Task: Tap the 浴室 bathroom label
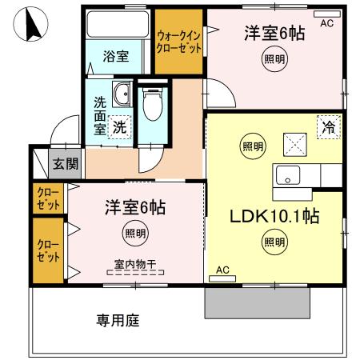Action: (x=115, y=57)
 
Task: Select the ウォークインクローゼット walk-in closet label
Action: (x=179, y=42)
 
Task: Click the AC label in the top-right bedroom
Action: (x=326, y=24)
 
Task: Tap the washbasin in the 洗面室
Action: (x=122, y=95)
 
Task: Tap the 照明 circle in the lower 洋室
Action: (x=134, y=234)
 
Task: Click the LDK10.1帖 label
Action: (x=264, y=216)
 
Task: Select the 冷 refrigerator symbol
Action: (x=327, y=126)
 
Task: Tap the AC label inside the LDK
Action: (x=222, y=271)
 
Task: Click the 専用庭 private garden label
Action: (x=118, y=322)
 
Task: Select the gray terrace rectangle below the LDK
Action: (x=257, y=301)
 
